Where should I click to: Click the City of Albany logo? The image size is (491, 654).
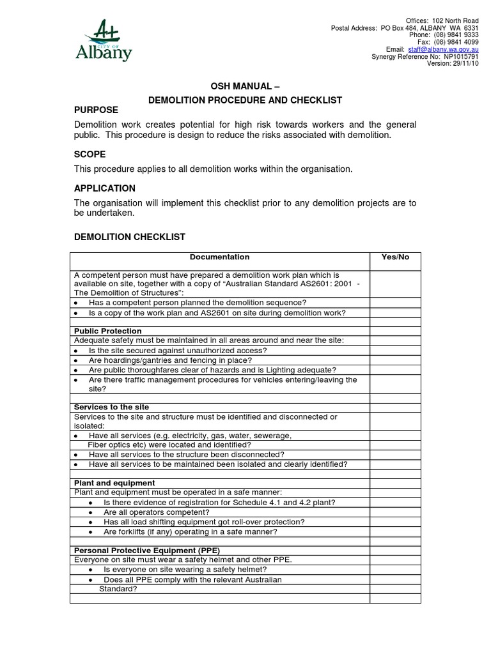[104, 41]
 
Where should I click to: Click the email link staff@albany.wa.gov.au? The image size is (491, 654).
[443, 49]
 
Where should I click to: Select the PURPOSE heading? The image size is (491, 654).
[96, 110]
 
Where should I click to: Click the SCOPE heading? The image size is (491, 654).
[90, 155]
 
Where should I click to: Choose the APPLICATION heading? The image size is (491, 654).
[105, 188]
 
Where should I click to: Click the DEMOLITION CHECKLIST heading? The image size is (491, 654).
[130, 237]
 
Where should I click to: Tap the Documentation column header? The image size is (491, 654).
[219, 257]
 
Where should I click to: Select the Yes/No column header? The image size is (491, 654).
[395, 257]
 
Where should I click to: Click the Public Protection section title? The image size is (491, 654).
[108, 331]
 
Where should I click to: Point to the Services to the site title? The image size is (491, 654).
[111, 407]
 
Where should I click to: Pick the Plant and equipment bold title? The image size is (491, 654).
[114, 483]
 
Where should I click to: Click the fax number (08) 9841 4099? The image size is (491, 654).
[456, 42]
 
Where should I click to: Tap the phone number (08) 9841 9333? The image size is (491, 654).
[456, 35]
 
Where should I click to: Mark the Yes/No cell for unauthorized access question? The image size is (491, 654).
[395, 351]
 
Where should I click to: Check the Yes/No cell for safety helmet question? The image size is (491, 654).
[395, 570]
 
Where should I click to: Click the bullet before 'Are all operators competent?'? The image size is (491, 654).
[91, 513]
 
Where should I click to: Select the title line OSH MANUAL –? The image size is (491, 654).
[245, 86]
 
